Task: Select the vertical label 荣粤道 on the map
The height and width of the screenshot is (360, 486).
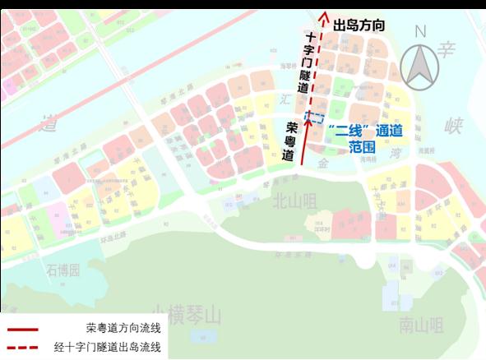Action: (x=290, y=142)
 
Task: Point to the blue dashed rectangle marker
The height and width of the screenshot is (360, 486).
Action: (x=314, y=117)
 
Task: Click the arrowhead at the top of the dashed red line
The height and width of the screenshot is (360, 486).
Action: (x=324, y=14)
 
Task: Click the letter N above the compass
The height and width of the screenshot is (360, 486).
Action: (x=422, y=32)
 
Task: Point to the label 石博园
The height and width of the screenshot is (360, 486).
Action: (x=63, y=270)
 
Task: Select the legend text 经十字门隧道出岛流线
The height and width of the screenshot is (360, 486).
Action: (x=111, y=348)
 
